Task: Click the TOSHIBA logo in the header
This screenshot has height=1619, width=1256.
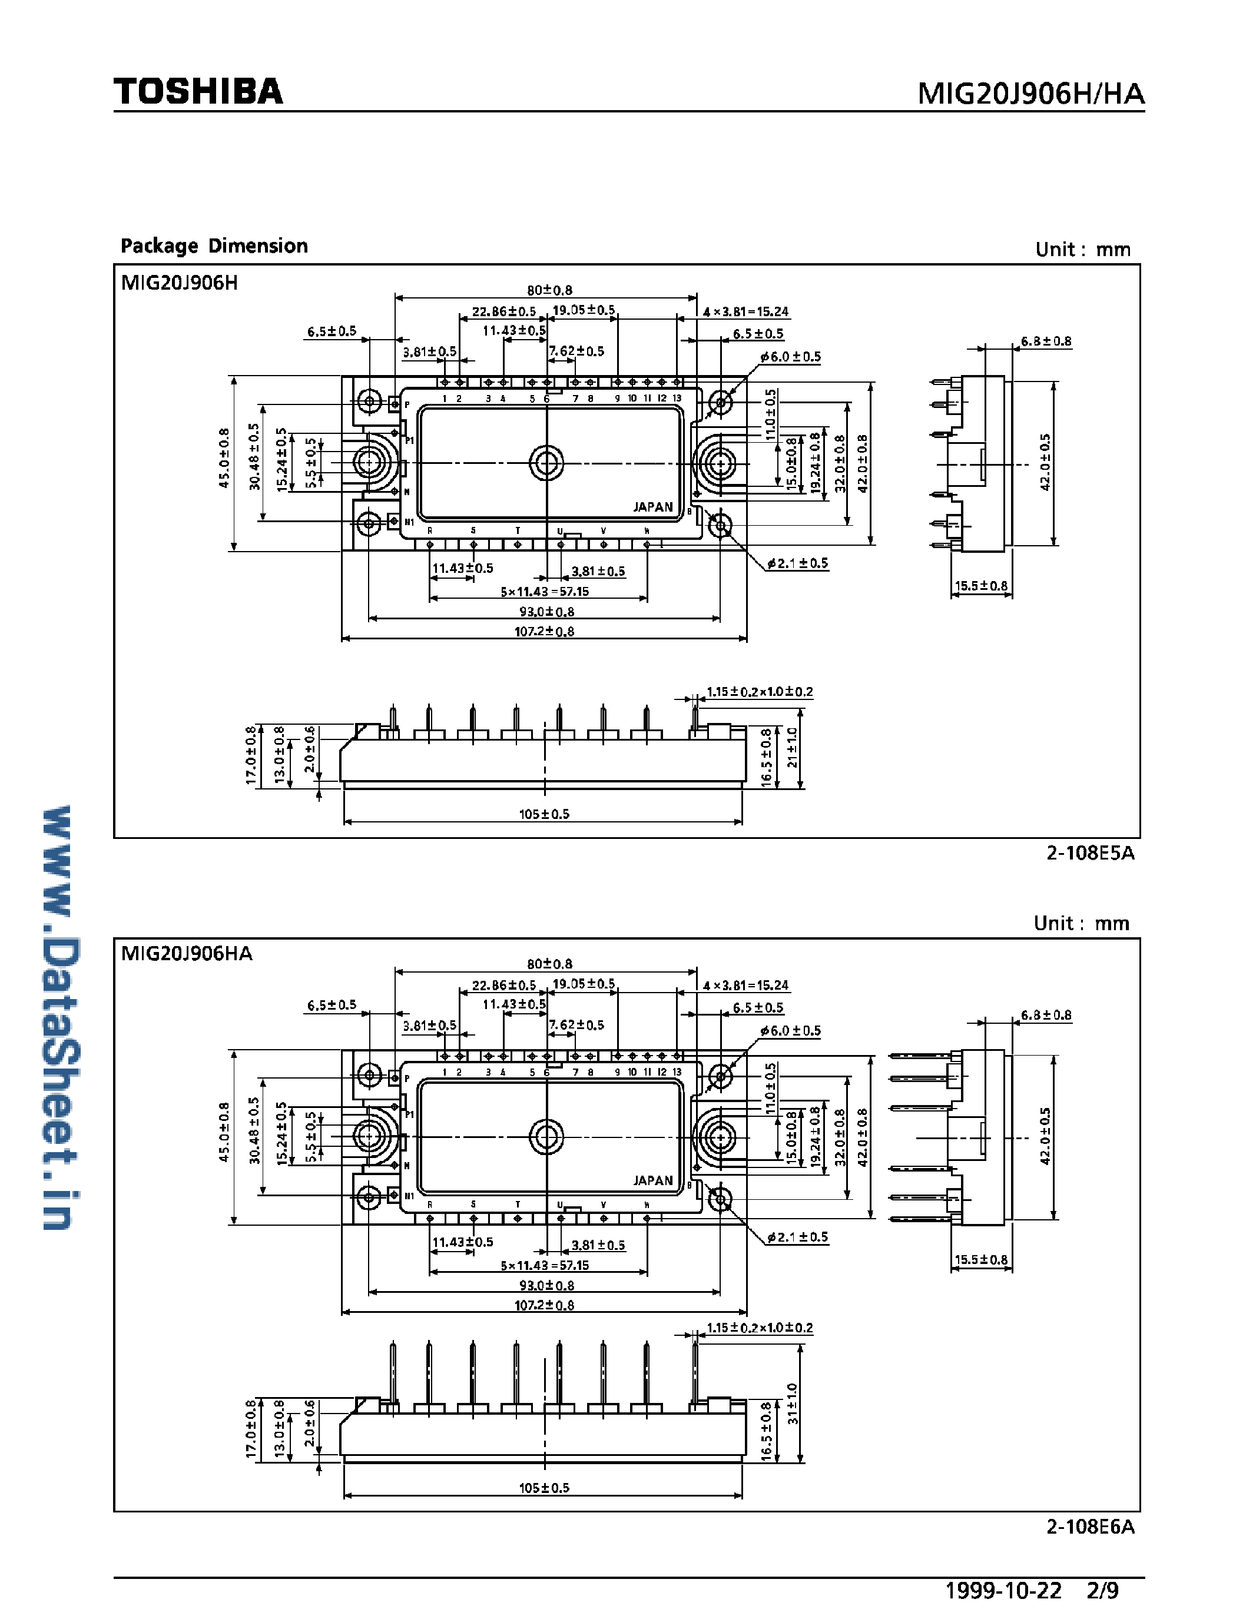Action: coord(198,92)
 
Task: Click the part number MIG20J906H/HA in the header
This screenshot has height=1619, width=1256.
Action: coord(1030,94)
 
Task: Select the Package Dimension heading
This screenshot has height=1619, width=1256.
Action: coord(214,246)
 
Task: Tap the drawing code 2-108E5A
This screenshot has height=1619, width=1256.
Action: coord(1090,852)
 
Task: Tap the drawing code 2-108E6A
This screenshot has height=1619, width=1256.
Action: coord(1090,1527)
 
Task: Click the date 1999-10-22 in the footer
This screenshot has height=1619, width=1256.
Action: coord(1003,1590)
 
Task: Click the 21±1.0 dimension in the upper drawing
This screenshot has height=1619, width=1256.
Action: coord(792,747)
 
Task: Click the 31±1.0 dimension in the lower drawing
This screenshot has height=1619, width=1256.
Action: coord(792,1404)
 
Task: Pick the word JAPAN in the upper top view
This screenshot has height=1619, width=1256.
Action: coord(652,507)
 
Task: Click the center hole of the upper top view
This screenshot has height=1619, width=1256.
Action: coord(546,463)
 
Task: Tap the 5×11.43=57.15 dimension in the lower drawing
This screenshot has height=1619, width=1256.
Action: coord(544,1265)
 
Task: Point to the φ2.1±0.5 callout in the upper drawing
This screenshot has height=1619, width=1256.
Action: coord(798,563)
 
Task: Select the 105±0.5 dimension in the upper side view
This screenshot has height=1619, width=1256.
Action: coord(544,814)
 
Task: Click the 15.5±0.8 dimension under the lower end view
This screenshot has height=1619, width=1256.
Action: coord(981,1259)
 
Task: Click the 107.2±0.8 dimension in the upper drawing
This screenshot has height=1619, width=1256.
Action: coord(544,632)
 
